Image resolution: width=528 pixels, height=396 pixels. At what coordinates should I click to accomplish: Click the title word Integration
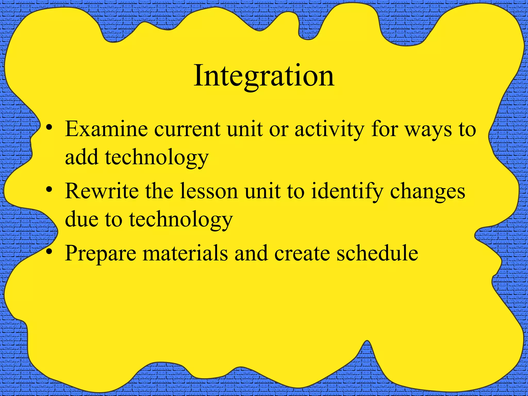point(264,76)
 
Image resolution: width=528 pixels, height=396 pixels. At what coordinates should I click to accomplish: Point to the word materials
point(185,253)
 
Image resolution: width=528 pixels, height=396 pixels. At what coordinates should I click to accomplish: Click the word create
point(302,253)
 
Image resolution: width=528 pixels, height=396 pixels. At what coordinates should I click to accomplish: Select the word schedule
point(377,253)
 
